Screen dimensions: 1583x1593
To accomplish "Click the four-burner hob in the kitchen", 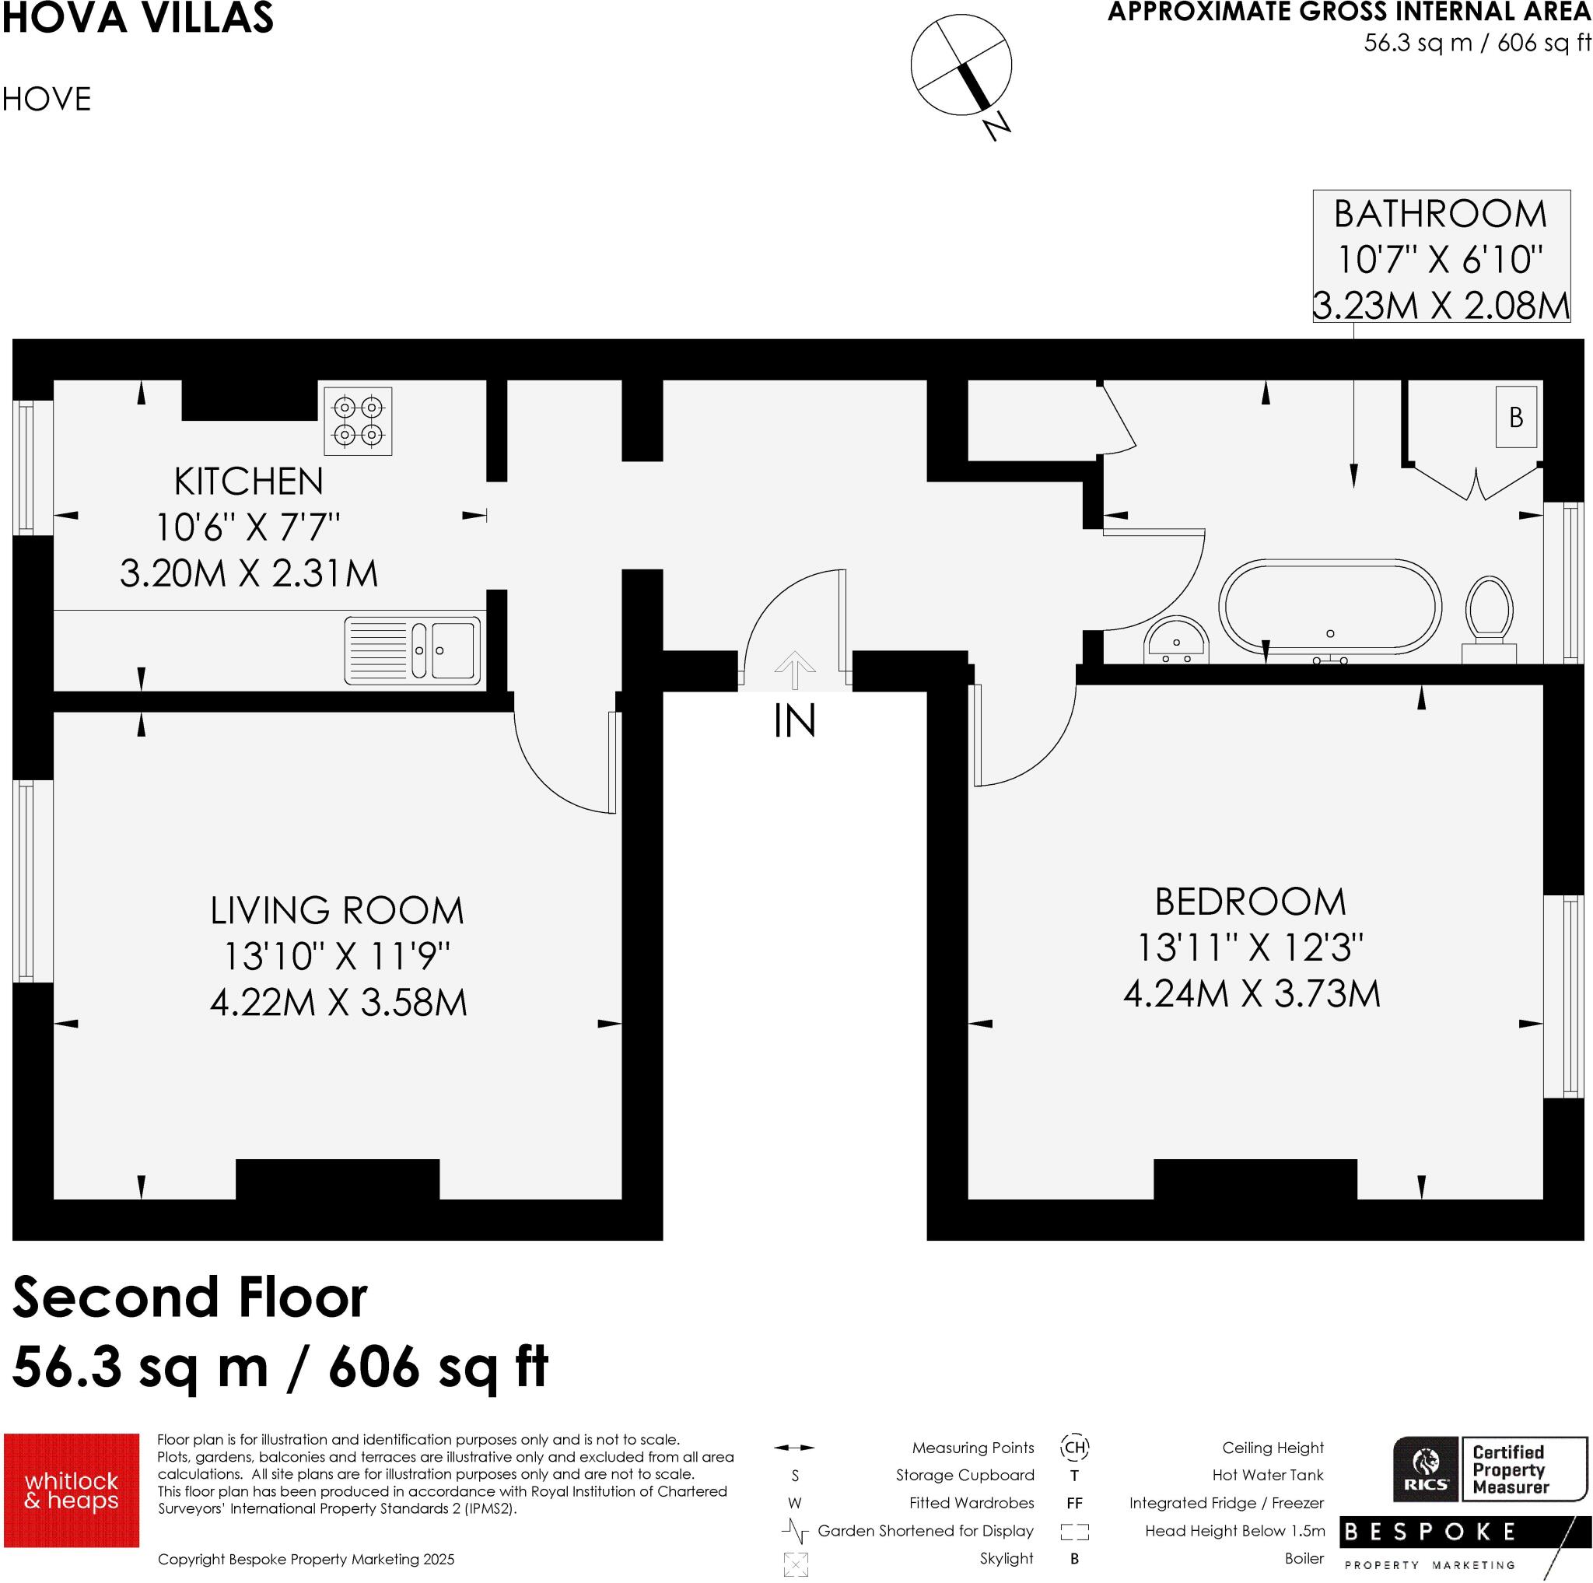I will pos(358,421).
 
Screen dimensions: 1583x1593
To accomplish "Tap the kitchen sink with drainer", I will pos(412,650).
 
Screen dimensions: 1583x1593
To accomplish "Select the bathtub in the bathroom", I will pos(1330,607).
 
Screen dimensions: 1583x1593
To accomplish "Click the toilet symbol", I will pos(1489,617).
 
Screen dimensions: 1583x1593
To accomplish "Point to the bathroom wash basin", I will pos(1176,639).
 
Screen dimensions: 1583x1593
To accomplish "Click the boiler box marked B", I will pos(1516,417).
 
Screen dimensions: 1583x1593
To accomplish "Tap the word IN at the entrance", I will pos(795,720).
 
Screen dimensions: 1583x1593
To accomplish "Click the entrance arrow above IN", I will pos(795,670).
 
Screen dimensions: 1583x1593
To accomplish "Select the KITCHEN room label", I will pos(248,482).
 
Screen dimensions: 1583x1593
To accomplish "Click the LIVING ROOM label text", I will pos(338,911).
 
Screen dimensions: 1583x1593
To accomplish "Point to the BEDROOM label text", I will pos(1250,902).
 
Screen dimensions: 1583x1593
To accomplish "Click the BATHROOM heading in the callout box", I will pos(1441,215).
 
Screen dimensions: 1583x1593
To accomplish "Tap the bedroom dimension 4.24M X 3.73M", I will pos(1252,993).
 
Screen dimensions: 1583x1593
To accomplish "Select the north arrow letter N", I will pos(998,125).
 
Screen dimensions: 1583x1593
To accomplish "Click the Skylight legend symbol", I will pos(796,1564).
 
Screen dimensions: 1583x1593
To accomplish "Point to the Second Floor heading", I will pos(191,1298).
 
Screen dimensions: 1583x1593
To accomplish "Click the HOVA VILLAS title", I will pos(138,18).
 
